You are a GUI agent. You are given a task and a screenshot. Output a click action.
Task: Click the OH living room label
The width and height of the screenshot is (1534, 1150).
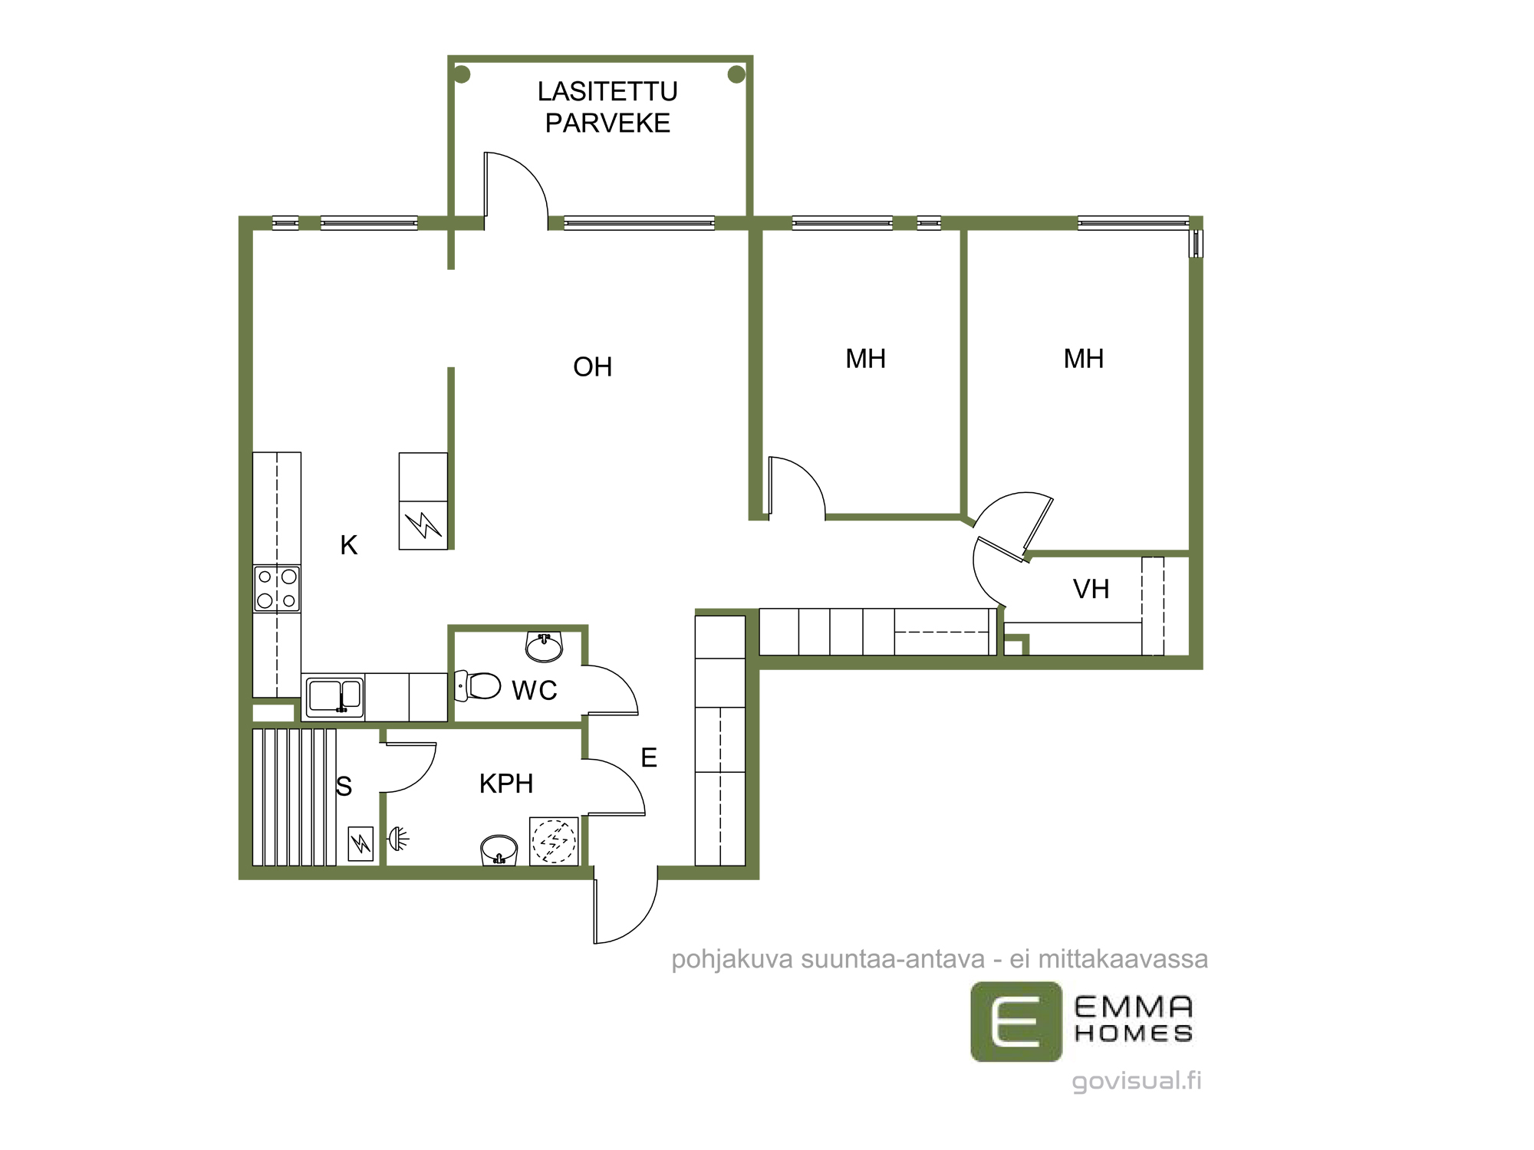point(592,367)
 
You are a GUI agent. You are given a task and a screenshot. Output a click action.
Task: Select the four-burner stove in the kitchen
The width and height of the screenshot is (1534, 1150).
point(277,588)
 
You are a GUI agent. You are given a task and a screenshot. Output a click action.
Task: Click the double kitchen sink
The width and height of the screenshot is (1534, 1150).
point(334,697)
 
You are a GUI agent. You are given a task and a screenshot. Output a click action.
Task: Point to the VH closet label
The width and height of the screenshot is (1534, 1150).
point(1091,589)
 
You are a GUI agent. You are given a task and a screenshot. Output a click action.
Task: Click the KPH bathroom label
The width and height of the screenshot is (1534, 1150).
point(506,784)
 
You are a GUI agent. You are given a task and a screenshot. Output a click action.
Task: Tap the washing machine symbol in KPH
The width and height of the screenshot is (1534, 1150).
point(554,841)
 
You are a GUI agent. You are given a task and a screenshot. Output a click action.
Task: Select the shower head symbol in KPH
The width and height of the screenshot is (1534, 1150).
point(399,839)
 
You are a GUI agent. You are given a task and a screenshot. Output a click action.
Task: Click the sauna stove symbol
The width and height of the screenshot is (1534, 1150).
point(360,843)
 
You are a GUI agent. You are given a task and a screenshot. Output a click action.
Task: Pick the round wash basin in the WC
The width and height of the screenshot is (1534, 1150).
point(544,646)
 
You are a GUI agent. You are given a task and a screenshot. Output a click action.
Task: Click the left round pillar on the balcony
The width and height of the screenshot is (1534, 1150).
point(462,74)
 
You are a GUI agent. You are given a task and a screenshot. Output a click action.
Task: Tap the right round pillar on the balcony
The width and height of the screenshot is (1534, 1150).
point(736,74)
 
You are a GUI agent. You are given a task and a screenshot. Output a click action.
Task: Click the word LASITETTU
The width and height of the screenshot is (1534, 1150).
point(607,91)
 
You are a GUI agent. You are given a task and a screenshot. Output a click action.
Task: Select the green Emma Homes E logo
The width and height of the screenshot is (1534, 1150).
point(1016,1021)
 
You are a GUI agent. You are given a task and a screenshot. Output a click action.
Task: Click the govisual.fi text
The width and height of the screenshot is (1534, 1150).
point(1137,1080)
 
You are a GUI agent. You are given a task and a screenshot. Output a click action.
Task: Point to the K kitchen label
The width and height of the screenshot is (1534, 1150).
point(349,545)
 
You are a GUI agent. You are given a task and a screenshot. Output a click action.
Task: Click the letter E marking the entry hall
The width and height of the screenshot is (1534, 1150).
point(649,757)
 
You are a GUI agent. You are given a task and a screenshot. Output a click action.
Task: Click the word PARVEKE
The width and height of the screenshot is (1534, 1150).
point(607,123)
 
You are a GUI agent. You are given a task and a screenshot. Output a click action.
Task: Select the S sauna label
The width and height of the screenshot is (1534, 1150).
point(344,786)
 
